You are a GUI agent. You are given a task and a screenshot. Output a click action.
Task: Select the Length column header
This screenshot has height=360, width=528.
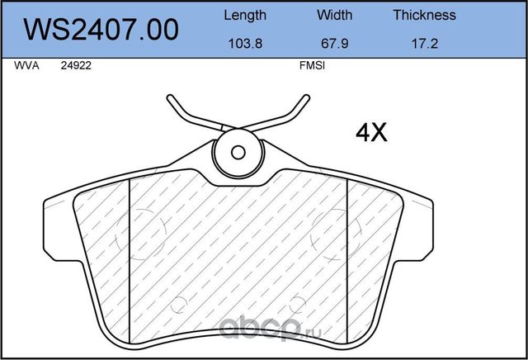coord(245,15)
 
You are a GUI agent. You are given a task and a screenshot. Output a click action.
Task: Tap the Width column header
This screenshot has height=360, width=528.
coord(334,15)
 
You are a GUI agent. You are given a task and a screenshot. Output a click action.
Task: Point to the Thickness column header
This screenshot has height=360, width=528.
coord(424,15)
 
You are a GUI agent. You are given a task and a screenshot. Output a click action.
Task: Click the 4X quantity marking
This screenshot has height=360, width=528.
coord(370,132)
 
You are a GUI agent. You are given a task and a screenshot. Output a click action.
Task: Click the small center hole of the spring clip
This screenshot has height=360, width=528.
coord(238,152)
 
